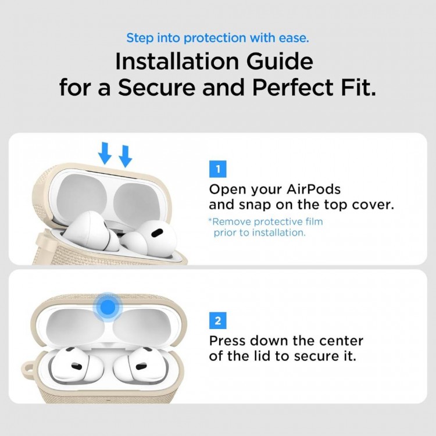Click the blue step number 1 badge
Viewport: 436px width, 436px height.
tap(217, 170)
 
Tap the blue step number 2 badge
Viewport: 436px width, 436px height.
tap(217, 320)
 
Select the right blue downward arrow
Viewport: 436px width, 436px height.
tap(125, 155)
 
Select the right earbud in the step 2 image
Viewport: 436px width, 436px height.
tap(135, 365)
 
